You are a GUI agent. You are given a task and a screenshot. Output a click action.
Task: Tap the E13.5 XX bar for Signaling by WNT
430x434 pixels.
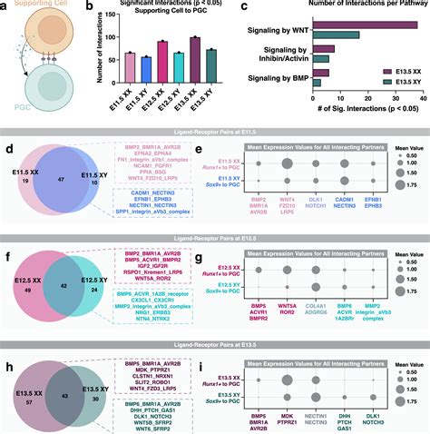(366, 27)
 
